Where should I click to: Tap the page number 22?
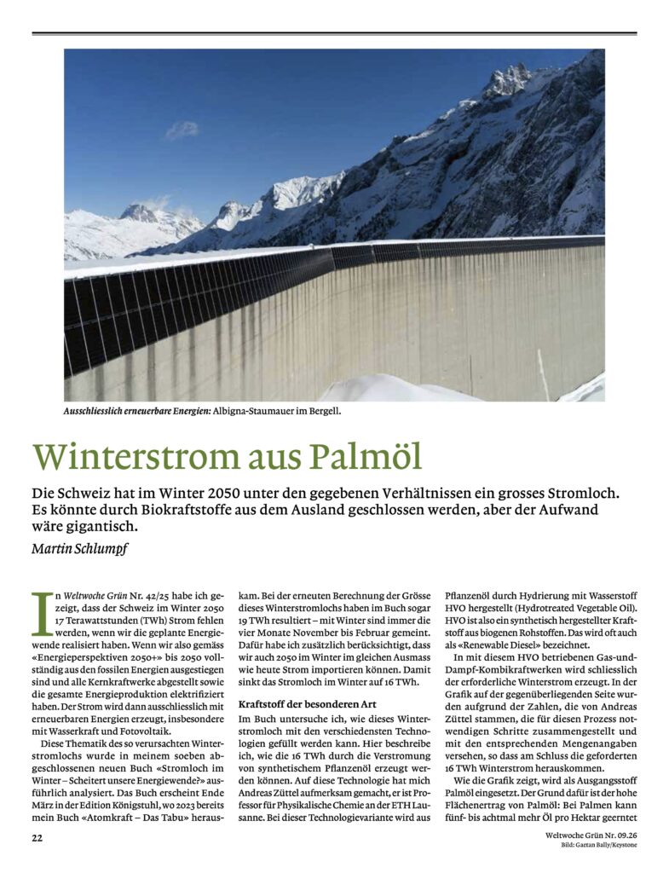pos(37,838)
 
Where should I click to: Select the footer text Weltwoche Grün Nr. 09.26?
pos(591,835)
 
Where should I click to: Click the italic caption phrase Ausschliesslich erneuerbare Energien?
pos(136,412)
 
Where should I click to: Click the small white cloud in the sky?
pos(182,130)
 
